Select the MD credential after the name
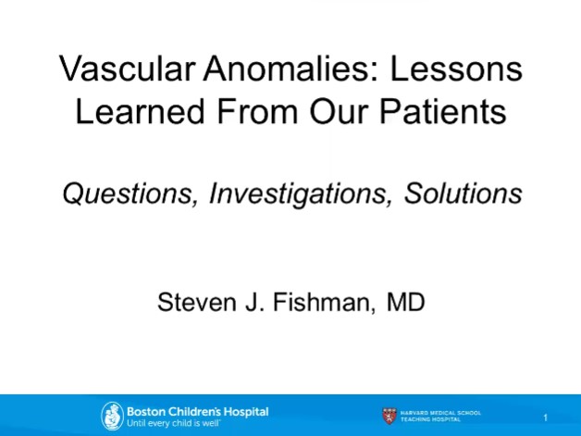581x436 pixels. (x=404, y=302)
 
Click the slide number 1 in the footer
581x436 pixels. (x=546, y=417)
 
